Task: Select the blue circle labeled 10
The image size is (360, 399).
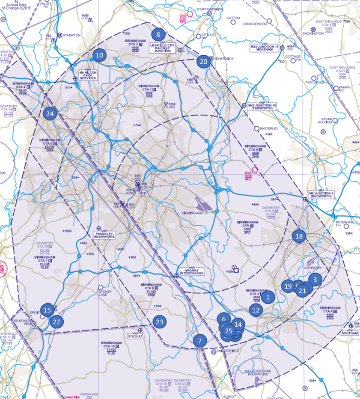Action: tap(99, 55)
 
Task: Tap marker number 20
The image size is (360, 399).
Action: tap(204, 62)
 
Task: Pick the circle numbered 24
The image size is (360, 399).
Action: tap(50, 114)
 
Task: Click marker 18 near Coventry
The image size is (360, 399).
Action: tap(299, 236)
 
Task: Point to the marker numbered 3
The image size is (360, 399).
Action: tap(315, 280)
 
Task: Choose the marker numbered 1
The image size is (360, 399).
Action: tap(268, 297)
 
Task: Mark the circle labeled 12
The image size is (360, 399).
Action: tap(256, 310)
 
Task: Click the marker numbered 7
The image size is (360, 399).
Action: tap(199, 341)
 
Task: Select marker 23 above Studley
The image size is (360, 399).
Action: tap(159, 322)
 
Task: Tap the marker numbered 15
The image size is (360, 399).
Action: tap(47, 310)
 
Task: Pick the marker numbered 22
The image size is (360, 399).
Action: tap(57, 322)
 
